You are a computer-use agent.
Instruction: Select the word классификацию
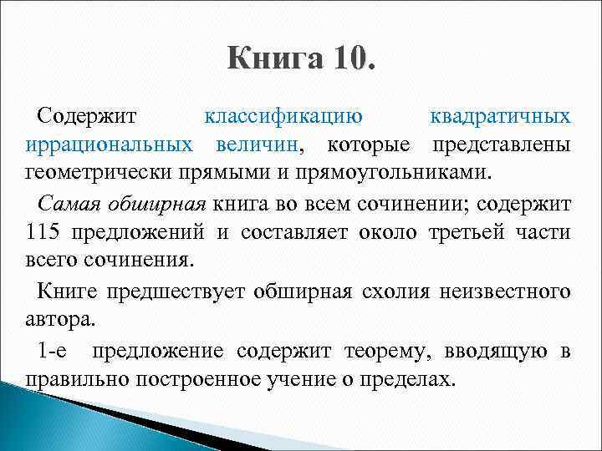click(x=283, y=116)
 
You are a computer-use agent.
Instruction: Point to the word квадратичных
click(x=499, y=116)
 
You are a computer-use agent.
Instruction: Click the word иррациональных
click(x=107, y=144)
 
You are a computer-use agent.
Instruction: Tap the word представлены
click(x=501, y=144)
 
